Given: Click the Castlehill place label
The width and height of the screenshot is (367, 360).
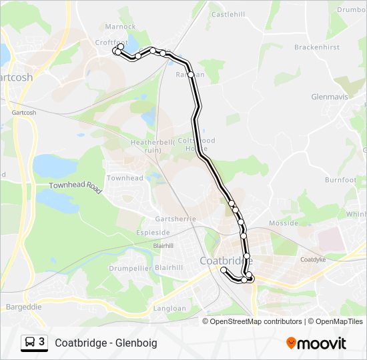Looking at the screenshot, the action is click(228, 14).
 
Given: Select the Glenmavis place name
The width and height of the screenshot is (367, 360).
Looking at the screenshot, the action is click(330, 97).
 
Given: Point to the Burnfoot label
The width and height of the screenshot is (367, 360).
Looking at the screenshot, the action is click(341, 180).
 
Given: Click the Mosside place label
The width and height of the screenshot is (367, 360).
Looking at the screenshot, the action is click(283, 223).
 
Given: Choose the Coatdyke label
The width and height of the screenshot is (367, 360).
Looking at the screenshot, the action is click(312, 259).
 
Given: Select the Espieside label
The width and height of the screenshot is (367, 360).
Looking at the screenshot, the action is click(153, 232).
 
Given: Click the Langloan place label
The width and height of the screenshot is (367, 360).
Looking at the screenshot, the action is click(169, 309).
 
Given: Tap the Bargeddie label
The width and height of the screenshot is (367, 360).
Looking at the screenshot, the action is click(24, 307).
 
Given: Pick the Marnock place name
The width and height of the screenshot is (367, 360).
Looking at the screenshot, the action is click(120, 27).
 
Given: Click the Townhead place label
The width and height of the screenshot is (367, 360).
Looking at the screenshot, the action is click(125, 178).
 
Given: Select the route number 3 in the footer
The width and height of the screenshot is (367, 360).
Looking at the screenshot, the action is click(42, 342).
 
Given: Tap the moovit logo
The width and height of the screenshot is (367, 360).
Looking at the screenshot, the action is click(316, 343).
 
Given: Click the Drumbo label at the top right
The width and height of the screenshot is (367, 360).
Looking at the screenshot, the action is click(351, 10).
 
